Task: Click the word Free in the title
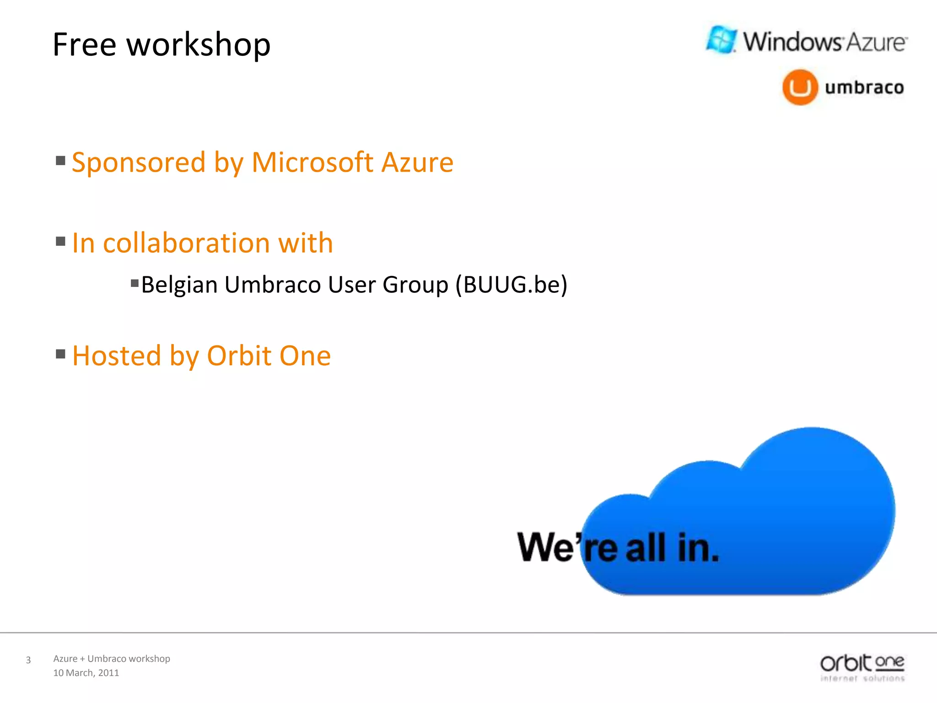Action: pyautogui.click(x=84, y=45)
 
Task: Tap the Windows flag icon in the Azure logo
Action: pyautogui.click(x=722, y=39)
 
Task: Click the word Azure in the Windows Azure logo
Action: pyautogui.click(x=875, y=43)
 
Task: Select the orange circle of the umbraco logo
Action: pyautogui.click(x=800, y=87)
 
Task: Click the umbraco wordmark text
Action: pyautogui.click(x=864, y=87)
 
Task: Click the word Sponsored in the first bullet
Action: pyautogui.click(x=139, y=162)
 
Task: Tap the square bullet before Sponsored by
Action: pyautogui.click(x=60, y=161)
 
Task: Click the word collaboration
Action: pyautogui.click(x=187, y=243)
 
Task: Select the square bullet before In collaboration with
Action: pyautogui.click(x=60, y=241)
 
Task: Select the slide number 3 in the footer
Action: pyautogui.click(x=28, y=660)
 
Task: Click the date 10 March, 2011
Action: pyautogui.click(x=86, y=673)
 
